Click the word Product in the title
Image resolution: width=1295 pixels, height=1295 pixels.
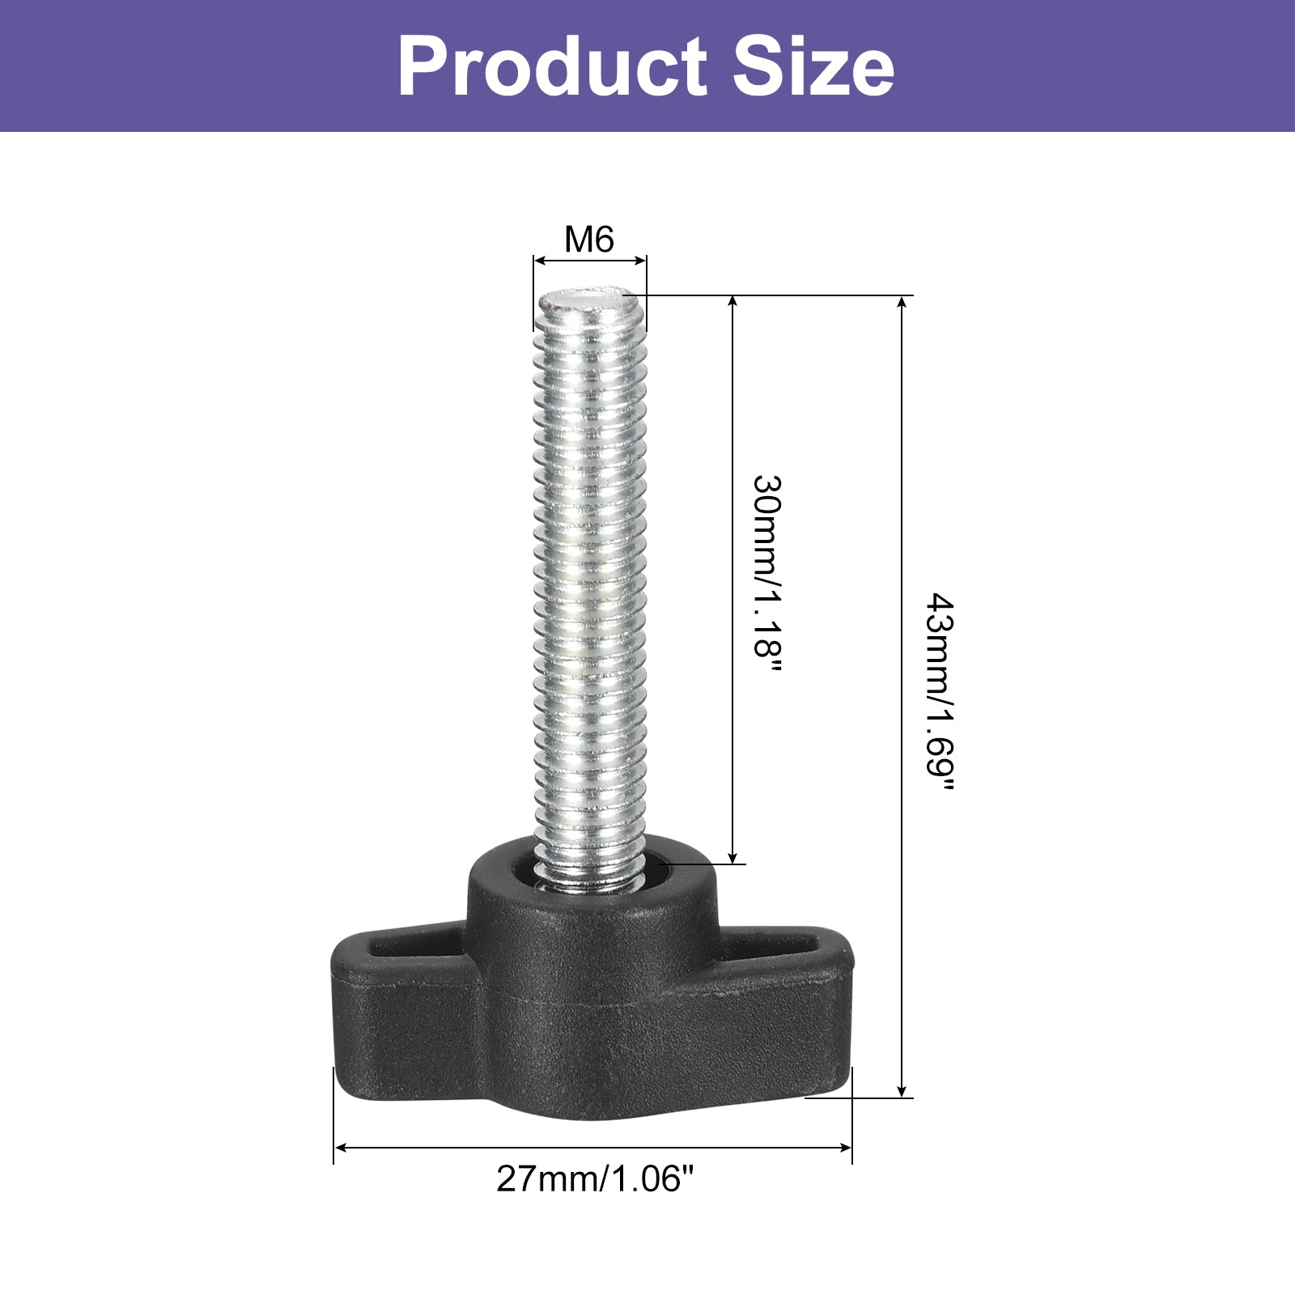[552, 66]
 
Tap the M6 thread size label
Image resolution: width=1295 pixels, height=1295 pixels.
[589, 240]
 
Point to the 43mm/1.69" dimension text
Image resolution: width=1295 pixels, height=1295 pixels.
[940, 694]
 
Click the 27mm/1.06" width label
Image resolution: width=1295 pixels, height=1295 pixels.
[596, 1179]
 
